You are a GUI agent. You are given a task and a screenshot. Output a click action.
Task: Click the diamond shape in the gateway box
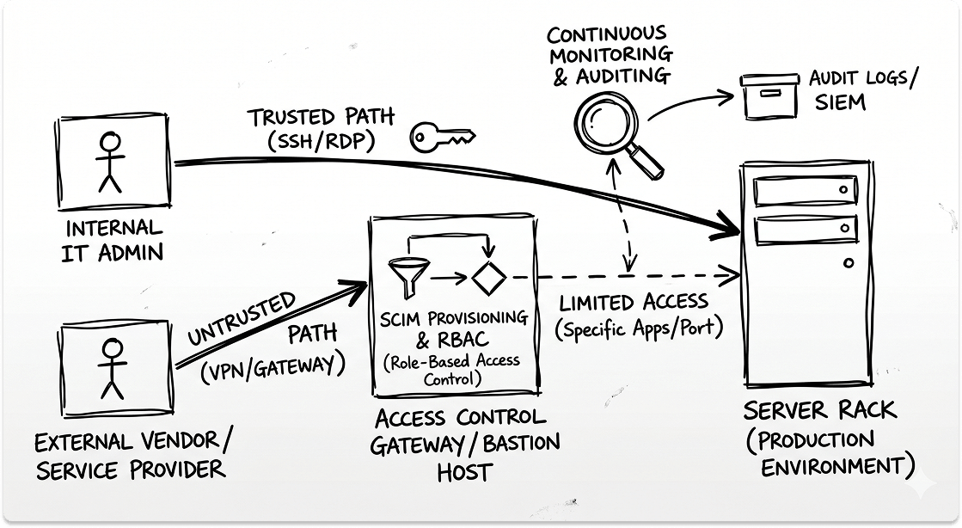coord(487,278)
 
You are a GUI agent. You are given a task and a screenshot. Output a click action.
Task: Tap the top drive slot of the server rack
coord(806,190)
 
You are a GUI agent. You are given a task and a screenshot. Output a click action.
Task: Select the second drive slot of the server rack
coord(806,230)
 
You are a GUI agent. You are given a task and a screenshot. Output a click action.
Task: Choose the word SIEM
coord(837,104)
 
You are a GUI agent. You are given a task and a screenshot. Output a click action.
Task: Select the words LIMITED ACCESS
coord(634,303)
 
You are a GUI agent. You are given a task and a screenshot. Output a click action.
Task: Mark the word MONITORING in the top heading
coord(611,55)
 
